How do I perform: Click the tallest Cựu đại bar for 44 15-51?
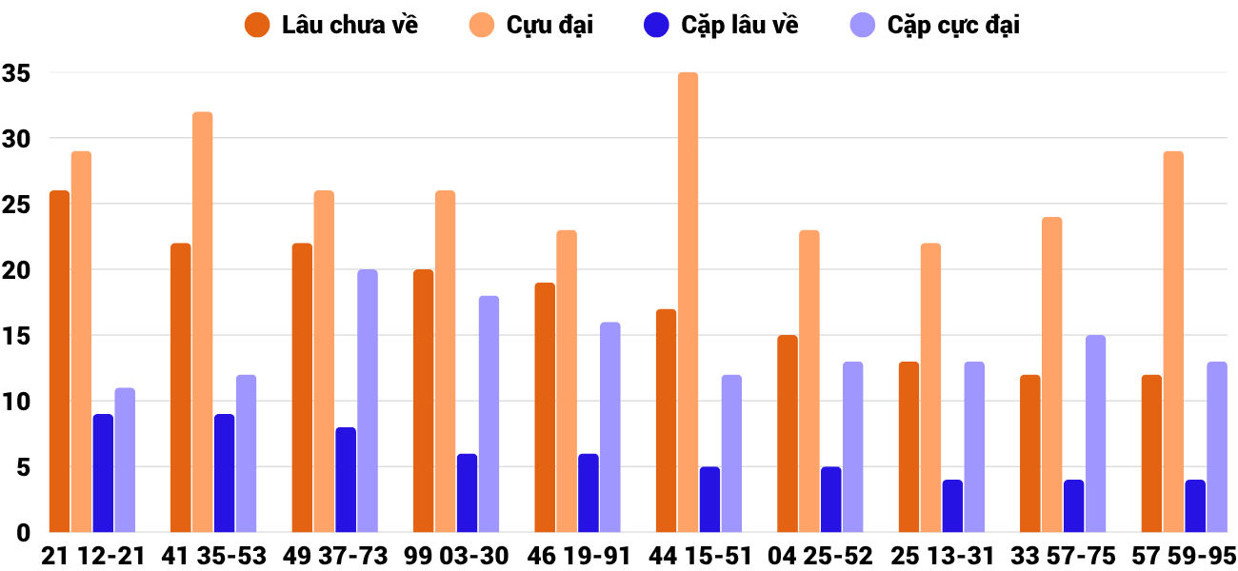point(688,303)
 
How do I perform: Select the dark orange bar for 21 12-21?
point(59,362)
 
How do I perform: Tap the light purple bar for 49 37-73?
point(368,401)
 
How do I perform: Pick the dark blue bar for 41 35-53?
point(224,473)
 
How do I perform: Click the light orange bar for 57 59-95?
point(1173,342)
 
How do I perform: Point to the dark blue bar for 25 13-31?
point(952,506)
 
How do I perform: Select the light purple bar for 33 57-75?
point(1095,434)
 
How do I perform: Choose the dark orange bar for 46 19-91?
point(545,407)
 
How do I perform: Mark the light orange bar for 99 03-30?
point(445,362)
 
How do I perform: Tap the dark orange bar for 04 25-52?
point(788,434)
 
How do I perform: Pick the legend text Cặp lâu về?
point(739,25)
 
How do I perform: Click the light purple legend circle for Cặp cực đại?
point(862,25)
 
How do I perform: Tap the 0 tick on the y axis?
point(24,533)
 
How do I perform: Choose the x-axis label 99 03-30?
point(456,556)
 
